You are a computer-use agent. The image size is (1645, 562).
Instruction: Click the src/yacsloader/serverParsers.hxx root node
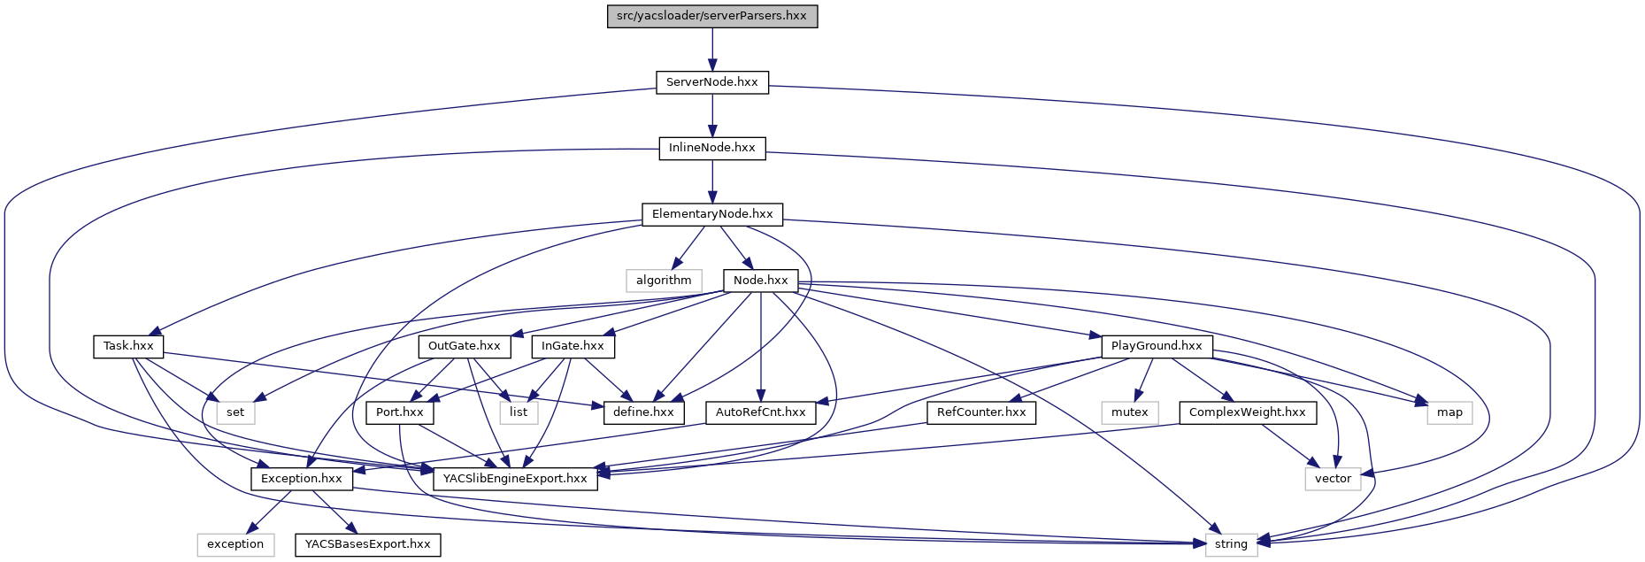coord(712,16)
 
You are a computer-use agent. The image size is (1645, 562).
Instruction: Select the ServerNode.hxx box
coord(712,82)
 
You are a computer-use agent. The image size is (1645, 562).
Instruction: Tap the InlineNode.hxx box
coord(712,148)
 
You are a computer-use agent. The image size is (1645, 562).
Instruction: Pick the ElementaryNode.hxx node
coord(712,214)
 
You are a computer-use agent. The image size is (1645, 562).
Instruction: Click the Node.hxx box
coord(760,281)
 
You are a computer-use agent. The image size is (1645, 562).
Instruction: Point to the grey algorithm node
coord(664,281)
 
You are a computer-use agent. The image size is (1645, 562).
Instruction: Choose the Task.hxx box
coord(128,346)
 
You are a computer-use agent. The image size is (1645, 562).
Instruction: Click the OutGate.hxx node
coord(465,346)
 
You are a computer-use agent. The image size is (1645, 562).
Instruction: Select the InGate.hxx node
coord(573,346)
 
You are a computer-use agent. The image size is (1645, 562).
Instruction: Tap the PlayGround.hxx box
coord(1157,346)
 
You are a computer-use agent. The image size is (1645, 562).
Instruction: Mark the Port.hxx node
coord(400,412)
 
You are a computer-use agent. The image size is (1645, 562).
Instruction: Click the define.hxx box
coord(643,412)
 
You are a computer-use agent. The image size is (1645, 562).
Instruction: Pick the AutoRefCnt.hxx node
coord(761,412)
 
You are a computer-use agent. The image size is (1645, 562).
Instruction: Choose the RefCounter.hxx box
coord(981,412)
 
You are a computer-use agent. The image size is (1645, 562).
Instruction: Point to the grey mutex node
coord(1130,412)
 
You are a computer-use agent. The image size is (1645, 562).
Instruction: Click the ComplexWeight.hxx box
coord(1248,412)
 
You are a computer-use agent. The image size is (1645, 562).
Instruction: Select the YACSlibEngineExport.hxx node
coord(515,479)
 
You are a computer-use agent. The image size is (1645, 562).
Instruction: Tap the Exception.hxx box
coord(302,479)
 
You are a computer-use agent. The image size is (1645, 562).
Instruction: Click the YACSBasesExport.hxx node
coord(368,544)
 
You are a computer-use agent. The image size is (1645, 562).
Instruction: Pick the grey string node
coord(1231,544)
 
